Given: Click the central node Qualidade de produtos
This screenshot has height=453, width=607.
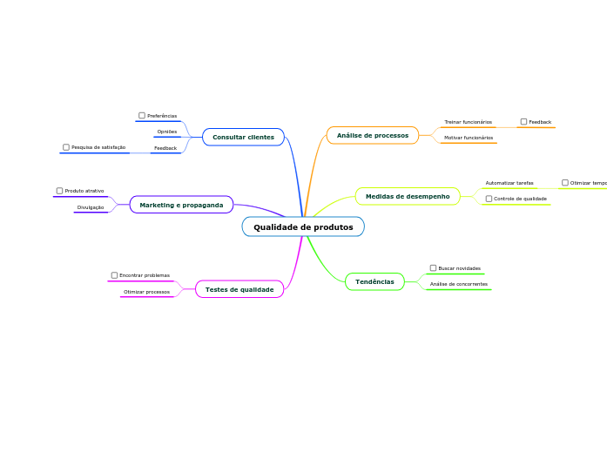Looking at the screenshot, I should click(x=303, y=227).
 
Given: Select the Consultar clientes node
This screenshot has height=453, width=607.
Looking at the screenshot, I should click(x=243, y=137).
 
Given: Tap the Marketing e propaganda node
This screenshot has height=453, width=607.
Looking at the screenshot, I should click(x=181, y=205).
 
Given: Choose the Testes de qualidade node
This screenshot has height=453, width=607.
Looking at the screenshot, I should click(x=239, y=289).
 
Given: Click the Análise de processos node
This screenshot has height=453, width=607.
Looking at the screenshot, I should click(x=373, y=135).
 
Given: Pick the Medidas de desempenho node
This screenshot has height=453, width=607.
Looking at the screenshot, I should click(x=408, y=197).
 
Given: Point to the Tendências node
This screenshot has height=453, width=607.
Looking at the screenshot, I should click(x=374, y=281).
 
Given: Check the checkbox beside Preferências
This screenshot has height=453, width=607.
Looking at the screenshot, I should click(x=142, y=115).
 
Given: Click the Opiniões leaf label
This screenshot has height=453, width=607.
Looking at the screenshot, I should click(x=166, y=132).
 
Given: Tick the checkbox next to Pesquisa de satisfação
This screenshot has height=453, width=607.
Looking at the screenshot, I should click(x=66, y=147).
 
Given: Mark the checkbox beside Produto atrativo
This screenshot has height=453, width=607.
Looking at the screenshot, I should click(x=59, y=190).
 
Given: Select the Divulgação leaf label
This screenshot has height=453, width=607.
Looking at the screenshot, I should click(x=91, y=207).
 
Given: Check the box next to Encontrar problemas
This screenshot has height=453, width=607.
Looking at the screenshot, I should click(x=114, y=275).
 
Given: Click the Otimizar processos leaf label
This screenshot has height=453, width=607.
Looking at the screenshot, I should click(x=146, y=292).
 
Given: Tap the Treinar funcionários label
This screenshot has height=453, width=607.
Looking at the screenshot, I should click(x=468, y=122).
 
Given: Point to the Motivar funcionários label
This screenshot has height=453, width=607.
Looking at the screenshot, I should click(x=469, y=138).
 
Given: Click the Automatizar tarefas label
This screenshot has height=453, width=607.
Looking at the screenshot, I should click(x=509, y=183).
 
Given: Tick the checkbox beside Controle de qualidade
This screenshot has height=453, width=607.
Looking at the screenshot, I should click(x=489, y=199).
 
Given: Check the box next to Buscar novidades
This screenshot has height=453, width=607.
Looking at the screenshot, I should click(x=434, y=268).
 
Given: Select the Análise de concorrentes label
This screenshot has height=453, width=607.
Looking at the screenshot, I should click(x=459, y=284).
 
